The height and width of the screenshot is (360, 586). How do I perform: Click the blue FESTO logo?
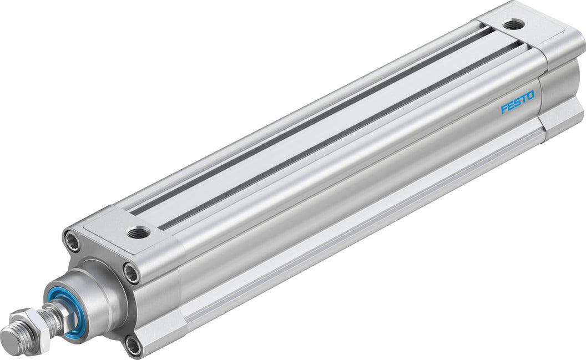tap(517, 103)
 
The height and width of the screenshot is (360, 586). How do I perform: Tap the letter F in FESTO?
tap(504, 108)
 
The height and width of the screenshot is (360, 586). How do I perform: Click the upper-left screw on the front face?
tap(72, 241)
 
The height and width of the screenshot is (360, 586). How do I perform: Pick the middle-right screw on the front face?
tap(131, 272)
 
